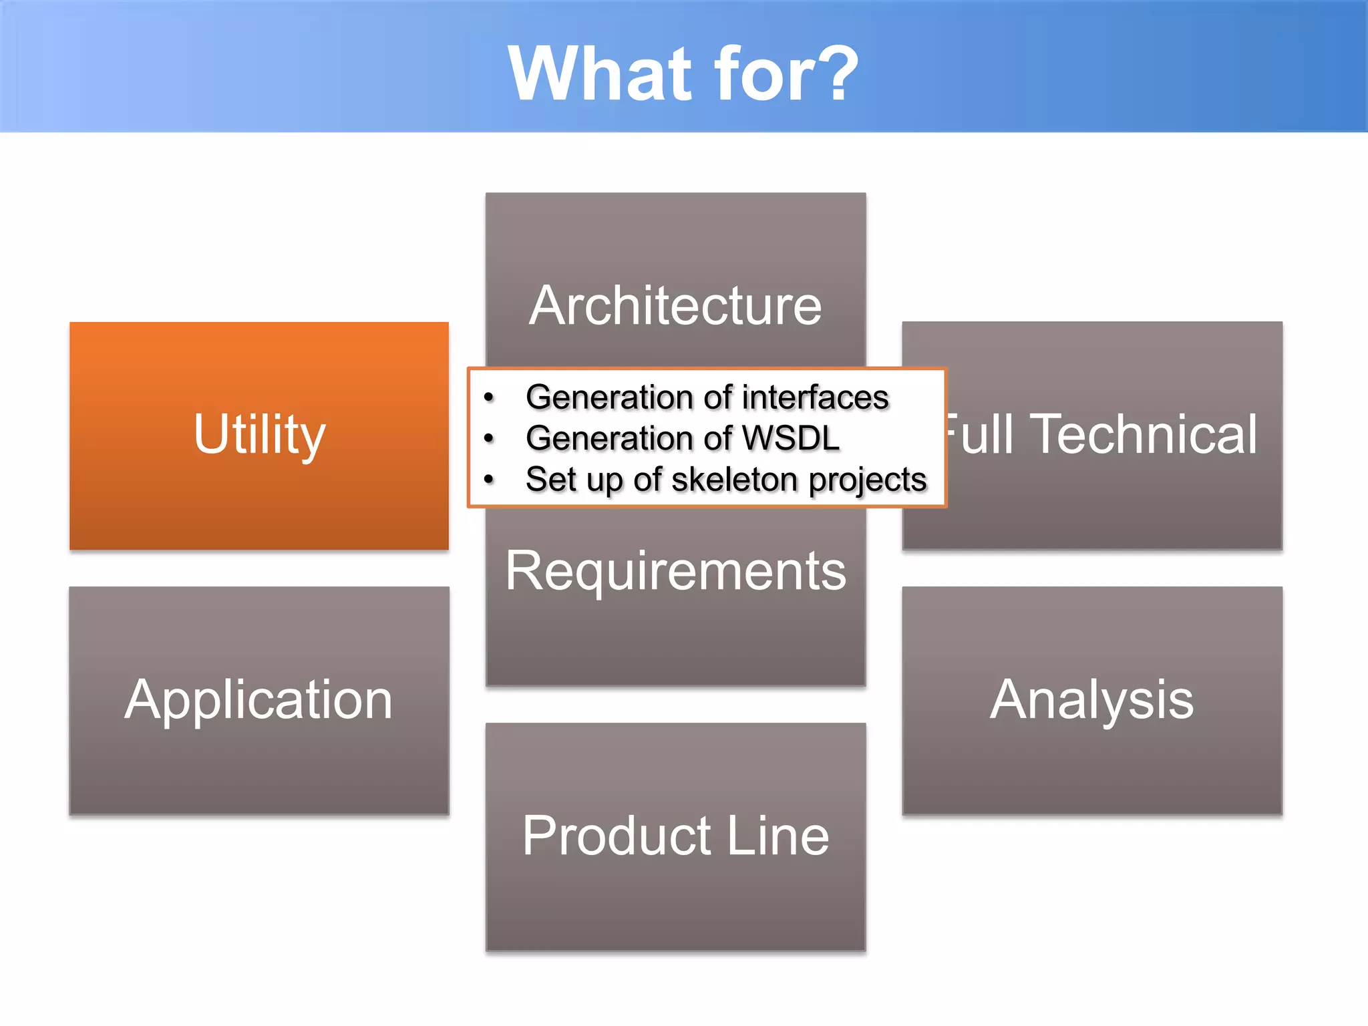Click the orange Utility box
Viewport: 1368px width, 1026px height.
[259, 436]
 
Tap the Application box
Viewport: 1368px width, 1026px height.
[259, 700]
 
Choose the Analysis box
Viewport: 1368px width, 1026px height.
[1091, 700]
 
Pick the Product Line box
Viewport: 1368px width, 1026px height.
[675, 836]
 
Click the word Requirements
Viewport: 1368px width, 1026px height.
[675, 572]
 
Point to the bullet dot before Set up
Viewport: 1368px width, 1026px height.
[489, 480]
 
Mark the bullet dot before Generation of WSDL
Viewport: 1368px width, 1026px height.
[489, 439]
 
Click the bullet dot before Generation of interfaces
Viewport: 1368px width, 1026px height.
[489, 398]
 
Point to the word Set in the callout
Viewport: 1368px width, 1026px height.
[550, 480]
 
